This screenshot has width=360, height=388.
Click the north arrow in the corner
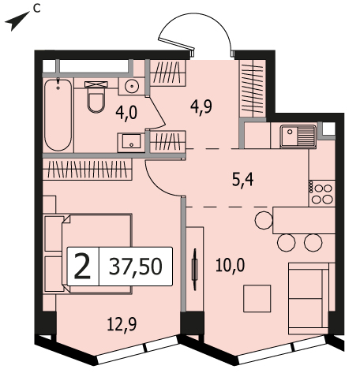pyautogui.click(x=17, y=21)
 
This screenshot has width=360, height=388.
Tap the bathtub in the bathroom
pyautogui.click(x=58, y=115)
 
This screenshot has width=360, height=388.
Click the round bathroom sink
pyautogui.click(x=132, y=86)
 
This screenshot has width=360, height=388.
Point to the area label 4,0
pyautogui.click(x=126, y=114)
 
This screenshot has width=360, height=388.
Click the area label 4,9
pyautogui.click(x=201, y=106)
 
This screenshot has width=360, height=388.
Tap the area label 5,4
pyautogui.click(x=242, y=181)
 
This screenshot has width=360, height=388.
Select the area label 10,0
pyautogui.click(x=230, y=265)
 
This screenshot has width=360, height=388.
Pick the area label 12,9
pyautogui.click(x=122, y=324)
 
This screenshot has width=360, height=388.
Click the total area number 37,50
pyautogui.click(x=136, y=267)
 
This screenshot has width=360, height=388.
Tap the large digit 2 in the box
pyautogui.click(x=83, y=266)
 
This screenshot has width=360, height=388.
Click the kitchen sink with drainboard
pyautogui.click(x=298, y=136)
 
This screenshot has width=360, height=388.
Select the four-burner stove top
pyautogui.click(x=322, y=193)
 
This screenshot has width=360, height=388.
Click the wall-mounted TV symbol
pyautogui.click(x=195, y=270)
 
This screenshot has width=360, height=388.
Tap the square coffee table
pyautogui.click(x=257, y=298)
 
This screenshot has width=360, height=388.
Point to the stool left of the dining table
pyautogui.click(x=264, y=220)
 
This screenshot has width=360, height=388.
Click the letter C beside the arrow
pyautogui.click(x=37, y=9)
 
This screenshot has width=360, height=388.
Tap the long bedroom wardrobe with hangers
pyautogui.click(x=87, y=169)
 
